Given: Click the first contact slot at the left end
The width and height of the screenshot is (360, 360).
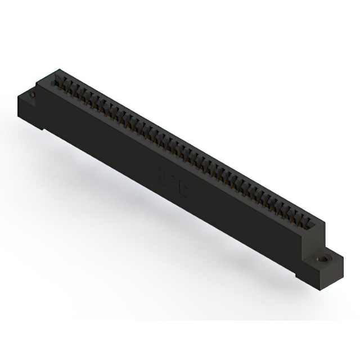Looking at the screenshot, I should point(57,83).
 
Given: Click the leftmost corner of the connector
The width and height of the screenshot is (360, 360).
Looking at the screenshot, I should point(17,99).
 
